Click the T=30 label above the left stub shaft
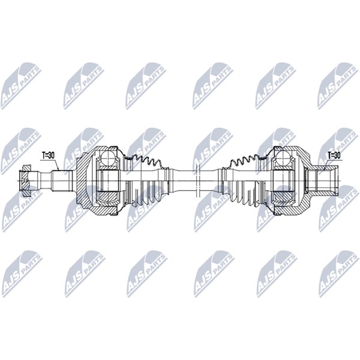pyautogui.click(x=48, y=155)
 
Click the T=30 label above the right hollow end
pyautogui.click(x=334, y=155)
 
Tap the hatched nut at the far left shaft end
pyautogui.click(x=25, y=180)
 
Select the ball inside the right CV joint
pyautogui.click(x=284, y=158)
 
